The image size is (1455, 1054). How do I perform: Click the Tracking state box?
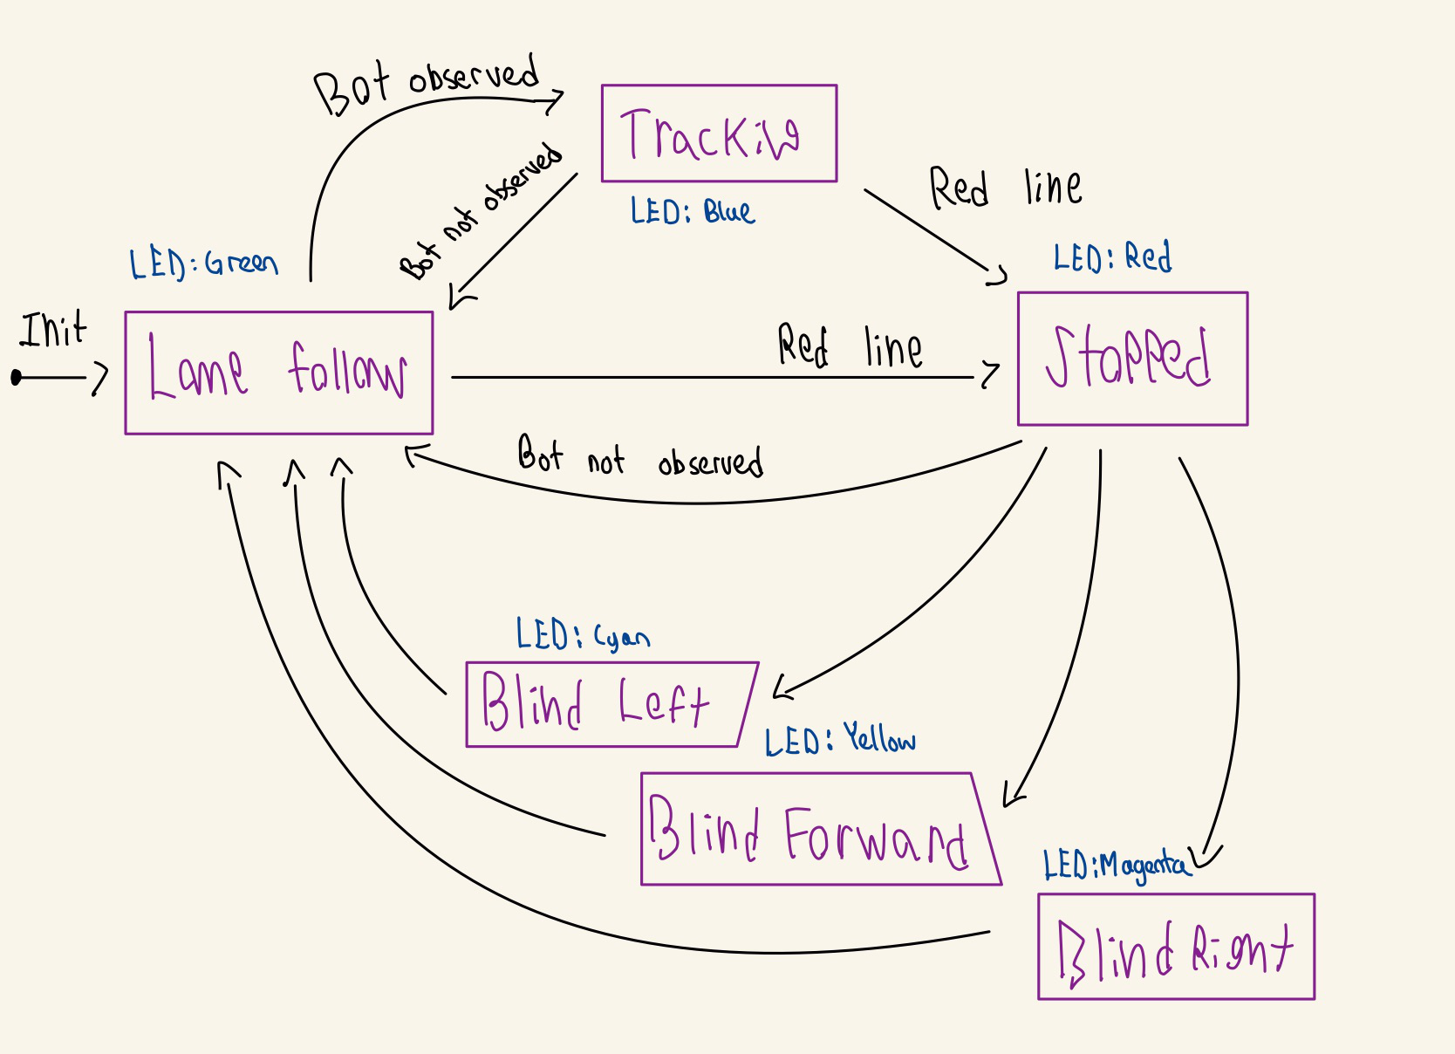point(719,133)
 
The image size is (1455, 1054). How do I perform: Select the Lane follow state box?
point(279,373)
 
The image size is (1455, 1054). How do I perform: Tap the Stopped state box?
point(1132,359)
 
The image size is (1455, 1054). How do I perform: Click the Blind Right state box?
point(1176,947)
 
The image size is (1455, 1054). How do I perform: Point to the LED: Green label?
point(203,263)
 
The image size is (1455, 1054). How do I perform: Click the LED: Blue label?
point(692,212)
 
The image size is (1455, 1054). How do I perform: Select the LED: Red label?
point(1112,258)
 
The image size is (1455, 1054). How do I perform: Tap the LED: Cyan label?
point(582,635)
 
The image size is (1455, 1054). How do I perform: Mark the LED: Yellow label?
point(839,741)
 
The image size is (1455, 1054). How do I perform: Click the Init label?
point(53,331)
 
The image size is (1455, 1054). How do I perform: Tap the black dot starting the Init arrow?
point(16,378)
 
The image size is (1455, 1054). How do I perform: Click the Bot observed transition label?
point(427,83)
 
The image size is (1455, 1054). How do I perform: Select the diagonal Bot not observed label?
point(480,212)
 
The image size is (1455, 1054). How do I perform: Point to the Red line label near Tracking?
point(1005,188)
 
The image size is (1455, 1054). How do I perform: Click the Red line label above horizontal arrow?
point(849,346)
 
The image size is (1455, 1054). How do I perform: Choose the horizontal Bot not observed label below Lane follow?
point(640,456)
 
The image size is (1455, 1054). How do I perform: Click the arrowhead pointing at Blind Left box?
point(781,689)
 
